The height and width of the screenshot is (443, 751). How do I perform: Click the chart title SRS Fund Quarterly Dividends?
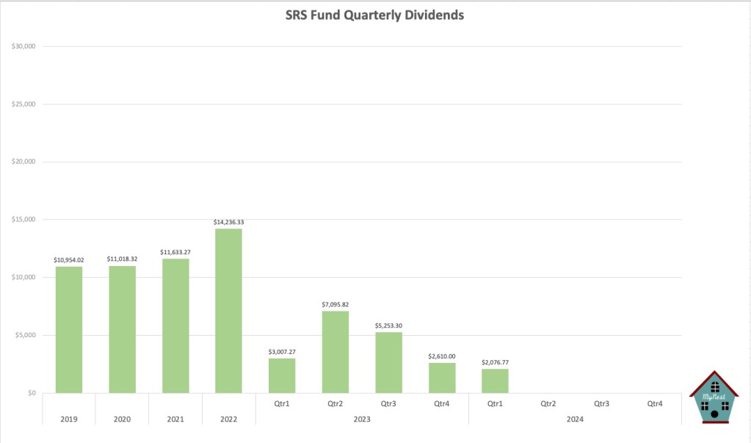click(x=375, y=15)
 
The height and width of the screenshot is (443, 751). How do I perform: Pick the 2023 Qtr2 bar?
click(x=335, y=352)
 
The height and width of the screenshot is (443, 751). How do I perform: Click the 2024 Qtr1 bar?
click(x=495, y=381)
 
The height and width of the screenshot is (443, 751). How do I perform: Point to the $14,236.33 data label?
click(x=228, y=221)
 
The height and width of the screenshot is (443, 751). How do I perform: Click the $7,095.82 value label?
click(x=335, y=303)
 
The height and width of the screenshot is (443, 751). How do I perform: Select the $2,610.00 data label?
click(x=442, y=356)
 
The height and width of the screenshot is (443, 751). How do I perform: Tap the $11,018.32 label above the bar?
click(x=122, y=259)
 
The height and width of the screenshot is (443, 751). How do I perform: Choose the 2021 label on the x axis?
click(x=175, y=419)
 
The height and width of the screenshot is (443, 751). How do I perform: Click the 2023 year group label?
click(x=362, y=419)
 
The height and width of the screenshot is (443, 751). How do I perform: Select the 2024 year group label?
click(x=575, y=419)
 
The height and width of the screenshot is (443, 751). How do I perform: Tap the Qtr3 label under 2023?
click(x=388, y=403)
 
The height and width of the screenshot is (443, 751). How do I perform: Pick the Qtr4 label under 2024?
click(x=655, y=403)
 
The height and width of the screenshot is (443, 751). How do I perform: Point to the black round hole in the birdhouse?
click(x=715, y=414)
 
